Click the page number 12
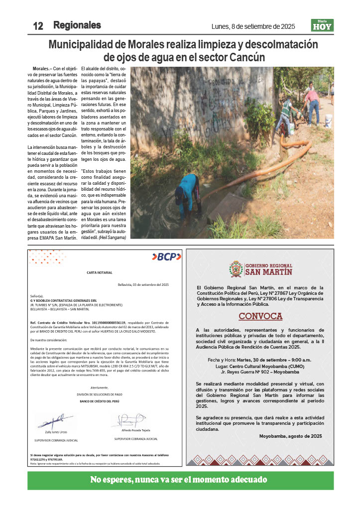(38, 26)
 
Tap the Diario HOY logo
(322, 25)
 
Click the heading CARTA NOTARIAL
(100, 272)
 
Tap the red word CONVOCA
(260, 316)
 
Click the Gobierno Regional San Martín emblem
(235, 269)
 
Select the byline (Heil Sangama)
(112, 238)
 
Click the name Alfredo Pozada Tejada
(136, 430)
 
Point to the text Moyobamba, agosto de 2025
(290, 436)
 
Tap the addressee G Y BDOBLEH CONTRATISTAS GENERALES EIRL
(63, 300)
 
